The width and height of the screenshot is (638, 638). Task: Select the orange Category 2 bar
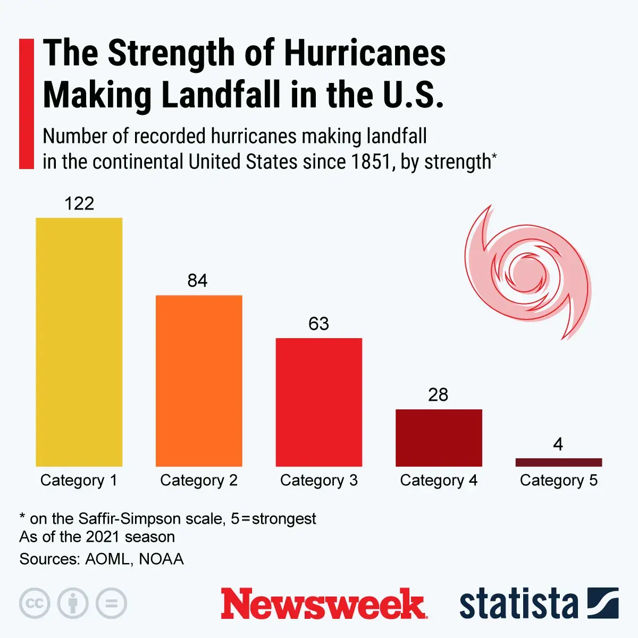(199, 381)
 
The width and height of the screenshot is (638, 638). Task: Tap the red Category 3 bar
(318, 402)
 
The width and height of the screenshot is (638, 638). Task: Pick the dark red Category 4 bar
(439, 438)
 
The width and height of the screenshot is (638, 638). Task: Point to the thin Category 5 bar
(558, 462)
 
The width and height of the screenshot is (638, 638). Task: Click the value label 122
(79, 204)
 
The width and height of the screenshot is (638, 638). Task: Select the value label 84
(197, 281)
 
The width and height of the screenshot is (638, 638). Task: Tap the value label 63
(318, 324)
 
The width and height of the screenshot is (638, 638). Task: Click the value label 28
(438, 395)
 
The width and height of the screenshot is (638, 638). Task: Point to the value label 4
(558, 444)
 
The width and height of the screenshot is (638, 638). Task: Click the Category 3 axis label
(318, 481)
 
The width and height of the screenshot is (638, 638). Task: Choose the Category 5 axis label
(558, 481)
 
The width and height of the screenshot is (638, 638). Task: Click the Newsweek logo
(324, 604)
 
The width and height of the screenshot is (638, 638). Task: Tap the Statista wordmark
(518, 604)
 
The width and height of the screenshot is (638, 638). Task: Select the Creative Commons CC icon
(35, 603)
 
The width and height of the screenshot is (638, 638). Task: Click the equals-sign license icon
(112, 603)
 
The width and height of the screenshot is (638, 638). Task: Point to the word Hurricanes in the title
(365, 54)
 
